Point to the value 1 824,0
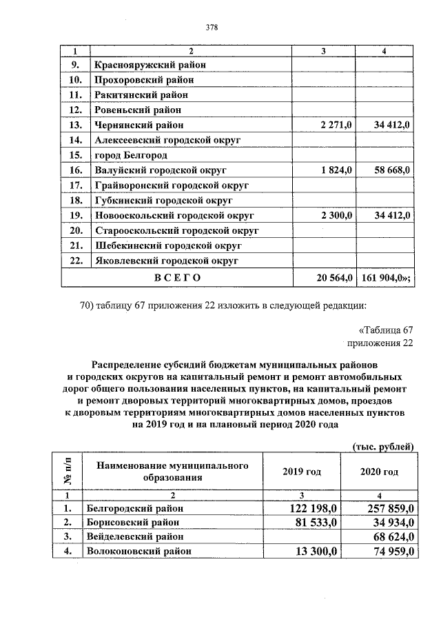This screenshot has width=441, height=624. coord(336,170)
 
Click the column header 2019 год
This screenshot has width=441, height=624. coord(302,472)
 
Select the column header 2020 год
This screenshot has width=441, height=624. coord(380,472)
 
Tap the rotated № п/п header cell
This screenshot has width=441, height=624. coord(68,472)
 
